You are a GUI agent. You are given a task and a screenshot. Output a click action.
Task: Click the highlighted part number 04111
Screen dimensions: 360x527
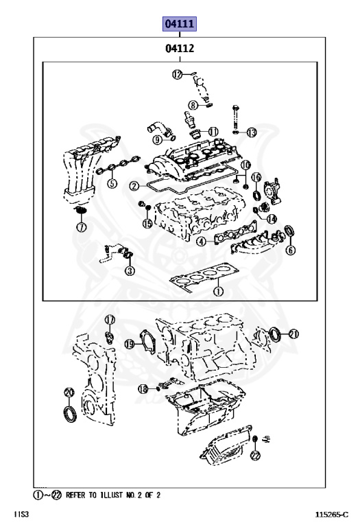[x=180, y=24]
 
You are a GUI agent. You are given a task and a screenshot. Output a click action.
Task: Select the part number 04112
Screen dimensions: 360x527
[x=180, y=49]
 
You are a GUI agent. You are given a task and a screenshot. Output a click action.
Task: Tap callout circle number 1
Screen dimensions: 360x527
[x=218, y=291]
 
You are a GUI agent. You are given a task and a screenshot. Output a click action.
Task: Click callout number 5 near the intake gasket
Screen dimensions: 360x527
[x=112, y=183]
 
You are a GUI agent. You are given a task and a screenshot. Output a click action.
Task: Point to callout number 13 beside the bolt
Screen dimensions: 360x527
[x=252, y=132]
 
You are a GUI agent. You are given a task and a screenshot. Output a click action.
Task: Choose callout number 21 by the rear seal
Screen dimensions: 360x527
[x=293, y=334]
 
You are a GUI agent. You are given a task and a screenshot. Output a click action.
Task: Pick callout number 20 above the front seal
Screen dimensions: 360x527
[x=69, y=393]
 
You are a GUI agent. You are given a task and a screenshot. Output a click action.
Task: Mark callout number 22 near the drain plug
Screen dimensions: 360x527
[x=255, y=456]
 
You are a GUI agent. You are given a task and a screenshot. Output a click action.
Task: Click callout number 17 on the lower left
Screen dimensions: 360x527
[x=110, y=320]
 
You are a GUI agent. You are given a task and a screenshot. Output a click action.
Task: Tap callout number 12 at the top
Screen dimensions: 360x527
[x=178, y=74]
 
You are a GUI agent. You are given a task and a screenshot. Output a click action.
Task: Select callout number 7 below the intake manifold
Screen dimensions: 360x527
[x=82, y=227]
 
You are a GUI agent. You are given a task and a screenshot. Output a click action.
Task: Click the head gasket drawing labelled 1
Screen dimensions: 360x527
[x=204, y=276]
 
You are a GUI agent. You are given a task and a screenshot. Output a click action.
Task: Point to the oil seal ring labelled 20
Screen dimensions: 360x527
[x=70, y=414]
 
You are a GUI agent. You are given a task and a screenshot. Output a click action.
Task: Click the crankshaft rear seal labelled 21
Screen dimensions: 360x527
[x=275, y=334]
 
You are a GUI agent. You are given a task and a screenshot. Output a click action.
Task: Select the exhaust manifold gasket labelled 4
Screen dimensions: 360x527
[x=236, y=232]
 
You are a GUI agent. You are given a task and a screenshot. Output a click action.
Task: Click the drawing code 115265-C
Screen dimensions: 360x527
[x=331, y=514]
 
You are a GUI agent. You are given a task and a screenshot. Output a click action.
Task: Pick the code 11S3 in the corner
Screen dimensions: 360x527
[x=21, y=514]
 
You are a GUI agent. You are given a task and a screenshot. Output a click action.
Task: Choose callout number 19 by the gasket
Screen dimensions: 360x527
[x=130, y=344]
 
